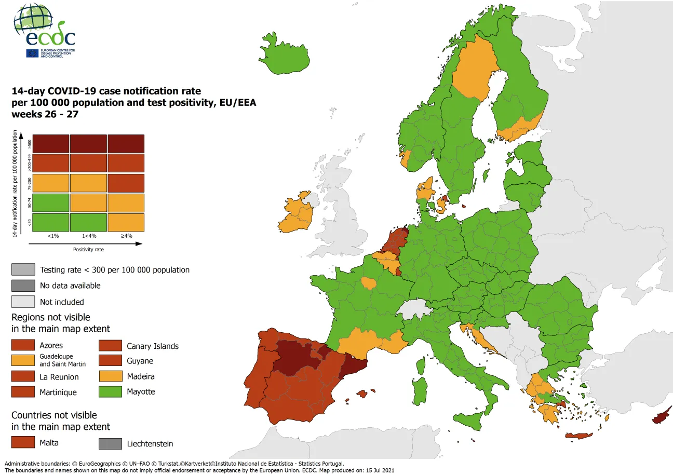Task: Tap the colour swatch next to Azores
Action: click(23, 345)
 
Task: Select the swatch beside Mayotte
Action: click(110, 391)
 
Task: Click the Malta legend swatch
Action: click(23, 442)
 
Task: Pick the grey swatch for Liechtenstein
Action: click(110, 443)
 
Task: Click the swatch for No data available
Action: click(23, 286)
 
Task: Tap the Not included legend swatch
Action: click(23, 302)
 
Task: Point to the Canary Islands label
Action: click(152, 346)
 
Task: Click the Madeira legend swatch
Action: click(110, 376)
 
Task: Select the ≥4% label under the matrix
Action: click(126, 236)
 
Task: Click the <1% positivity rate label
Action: click(53, 236)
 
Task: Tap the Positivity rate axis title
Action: click(88, 250)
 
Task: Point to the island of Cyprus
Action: click(662, 417)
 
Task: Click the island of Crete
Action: click(578, 436)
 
